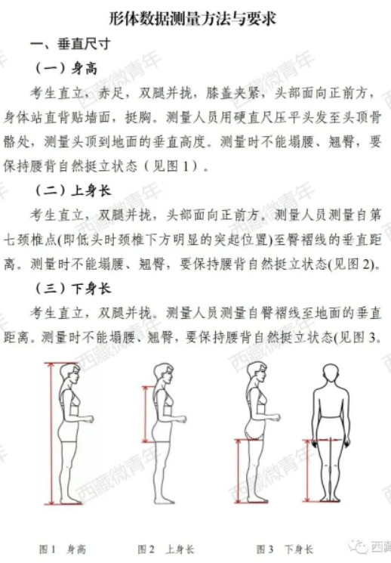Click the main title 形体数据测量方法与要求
coord(192,19)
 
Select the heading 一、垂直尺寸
coord(70,44)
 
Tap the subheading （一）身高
coord(66,68)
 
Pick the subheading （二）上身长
coord(73,190)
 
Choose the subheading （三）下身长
coord(73,289)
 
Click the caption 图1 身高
coord(63,549)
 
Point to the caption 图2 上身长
coord(166,549)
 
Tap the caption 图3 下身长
coord(285,549)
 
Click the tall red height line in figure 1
coord(51,434)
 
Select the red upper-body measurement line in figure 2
coord(145,414)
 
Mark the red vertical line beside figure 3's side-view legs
coord(239,470)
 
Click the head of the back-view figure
coord(331,375)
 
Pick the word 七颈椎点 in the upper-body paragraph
coord(29,240)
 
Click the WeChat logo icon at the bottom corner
coord(358,546)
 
